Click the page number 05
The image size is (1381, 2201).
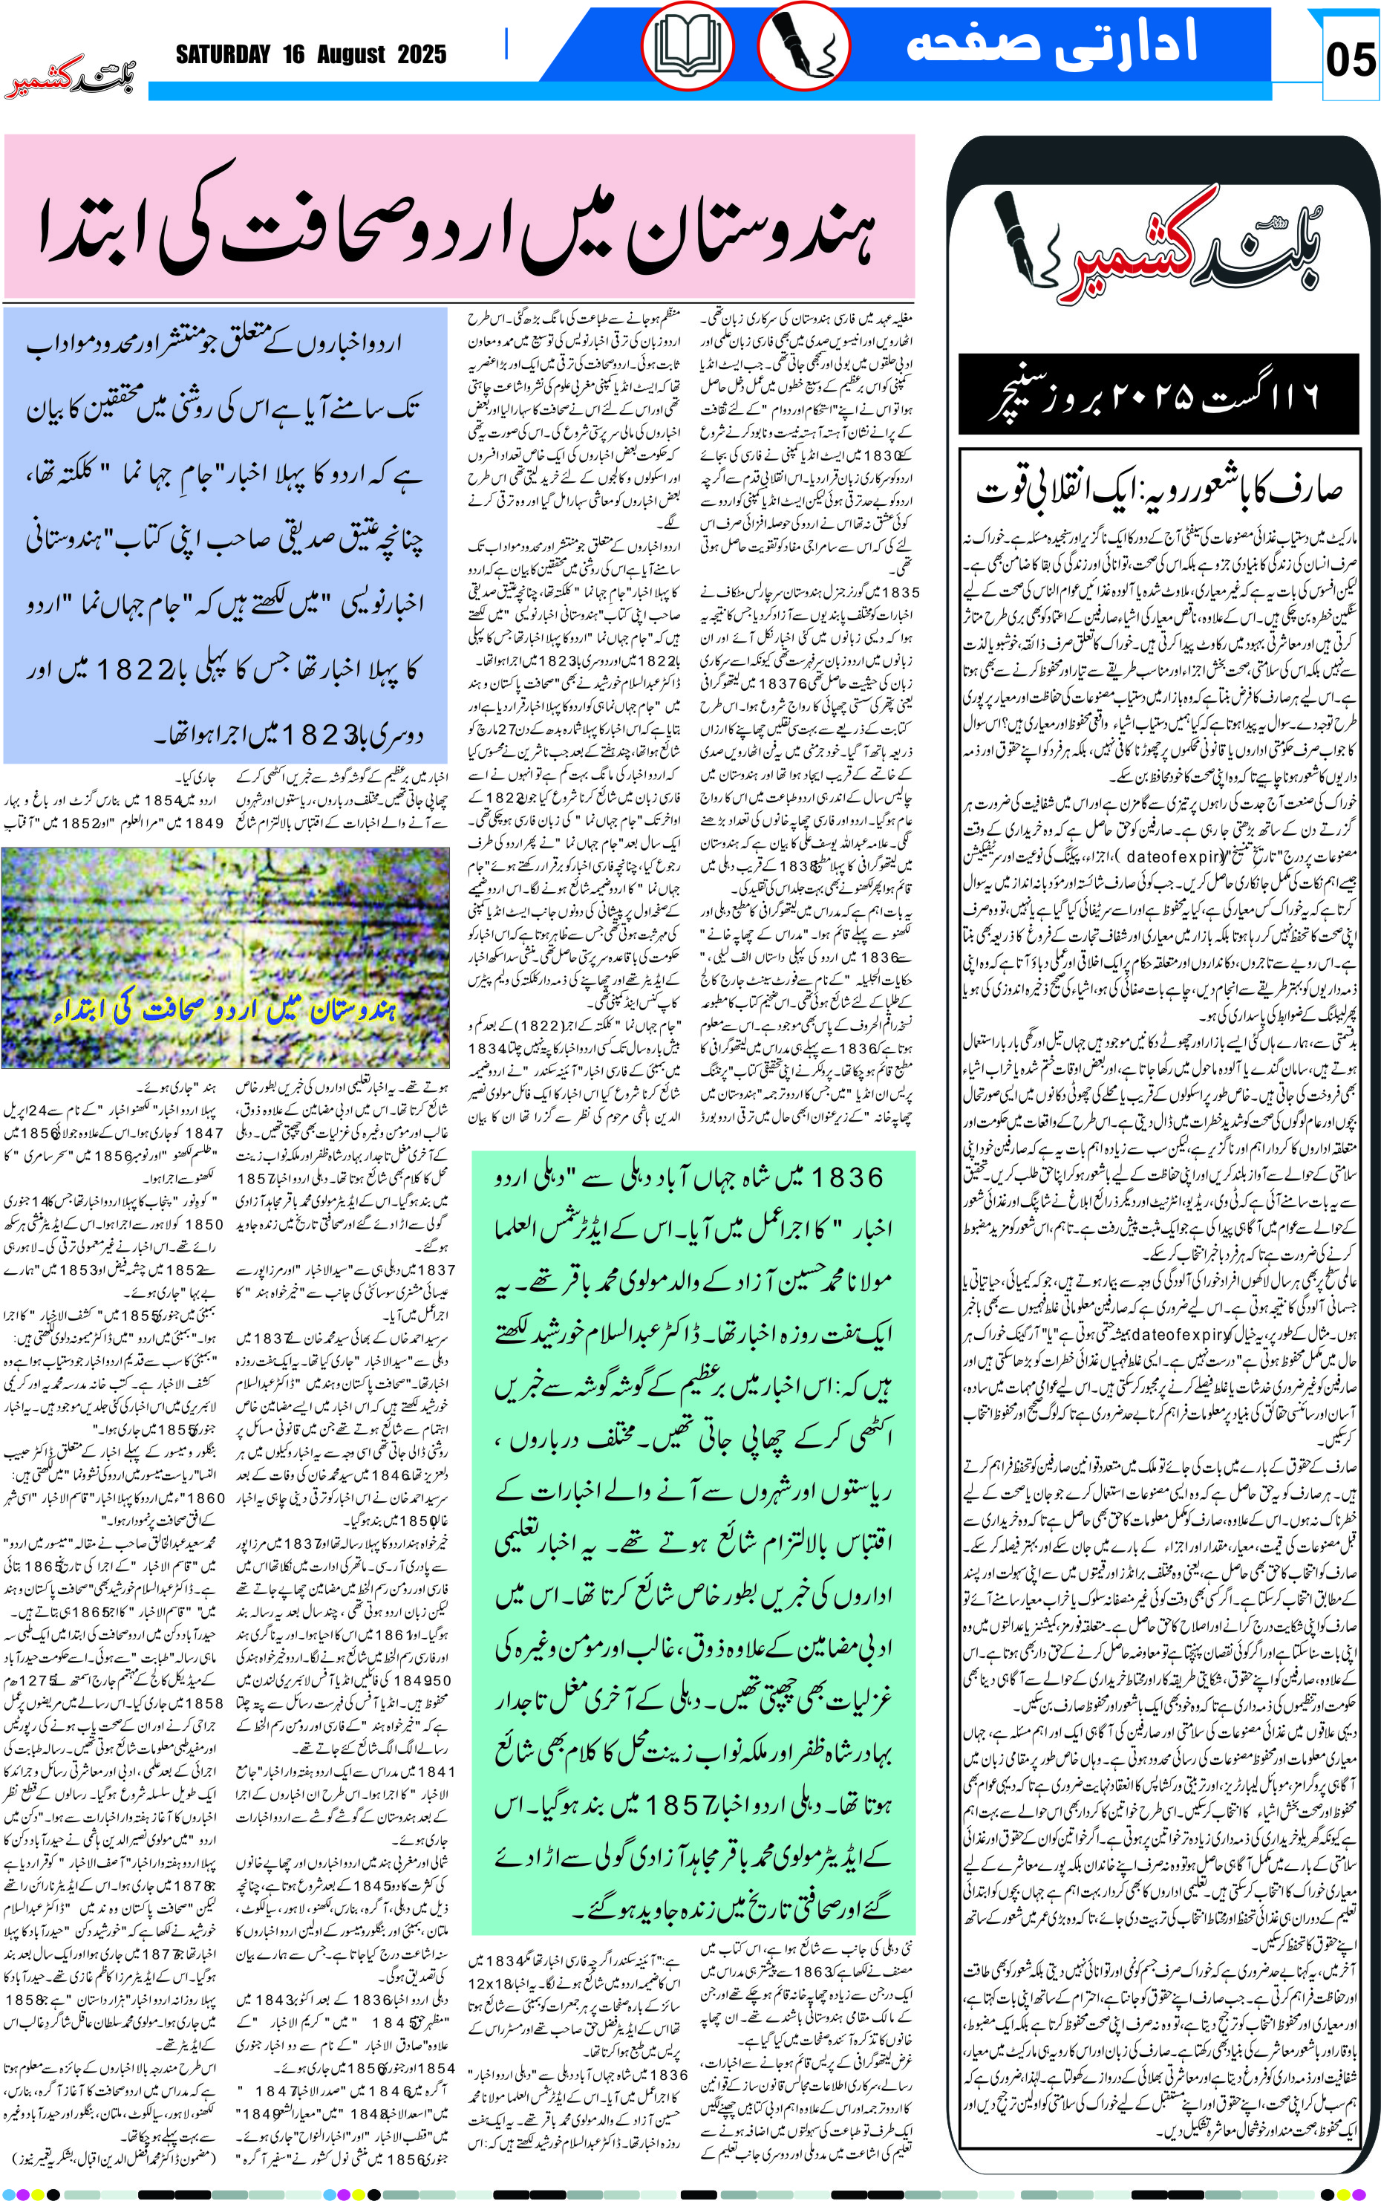(1350, 60)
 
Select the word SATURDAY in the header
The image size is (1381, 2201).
(223, 55)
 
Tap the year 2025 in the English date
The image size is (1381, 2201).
(421, 55)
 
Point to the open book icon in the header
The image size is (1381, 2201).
(687, 45)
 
